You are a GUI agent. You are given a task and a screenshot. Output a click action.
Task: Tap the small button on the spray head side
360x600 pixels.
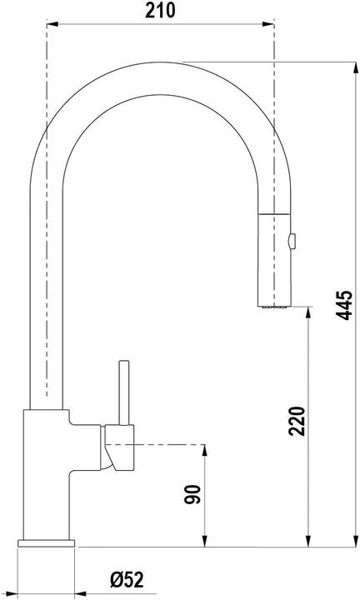click(291, 242)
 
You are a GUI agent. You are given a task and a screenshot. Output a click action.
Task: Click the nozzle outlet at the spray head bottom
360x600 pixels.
click(272, 307)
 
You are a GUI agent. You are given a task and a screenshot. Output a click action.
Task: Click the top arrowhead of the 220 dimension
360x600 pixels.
click(310, 312)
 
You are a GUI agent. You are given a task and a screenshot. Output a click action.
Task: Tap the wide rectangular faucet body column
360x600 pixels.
click(46, 475)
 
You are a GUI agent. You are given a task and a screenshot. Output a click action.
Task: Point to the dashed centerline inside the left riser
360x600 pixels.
click(47, 250)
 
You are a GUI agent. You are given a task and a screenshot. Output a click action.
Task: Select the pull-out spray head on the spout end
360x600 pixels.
click(272, 258)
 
